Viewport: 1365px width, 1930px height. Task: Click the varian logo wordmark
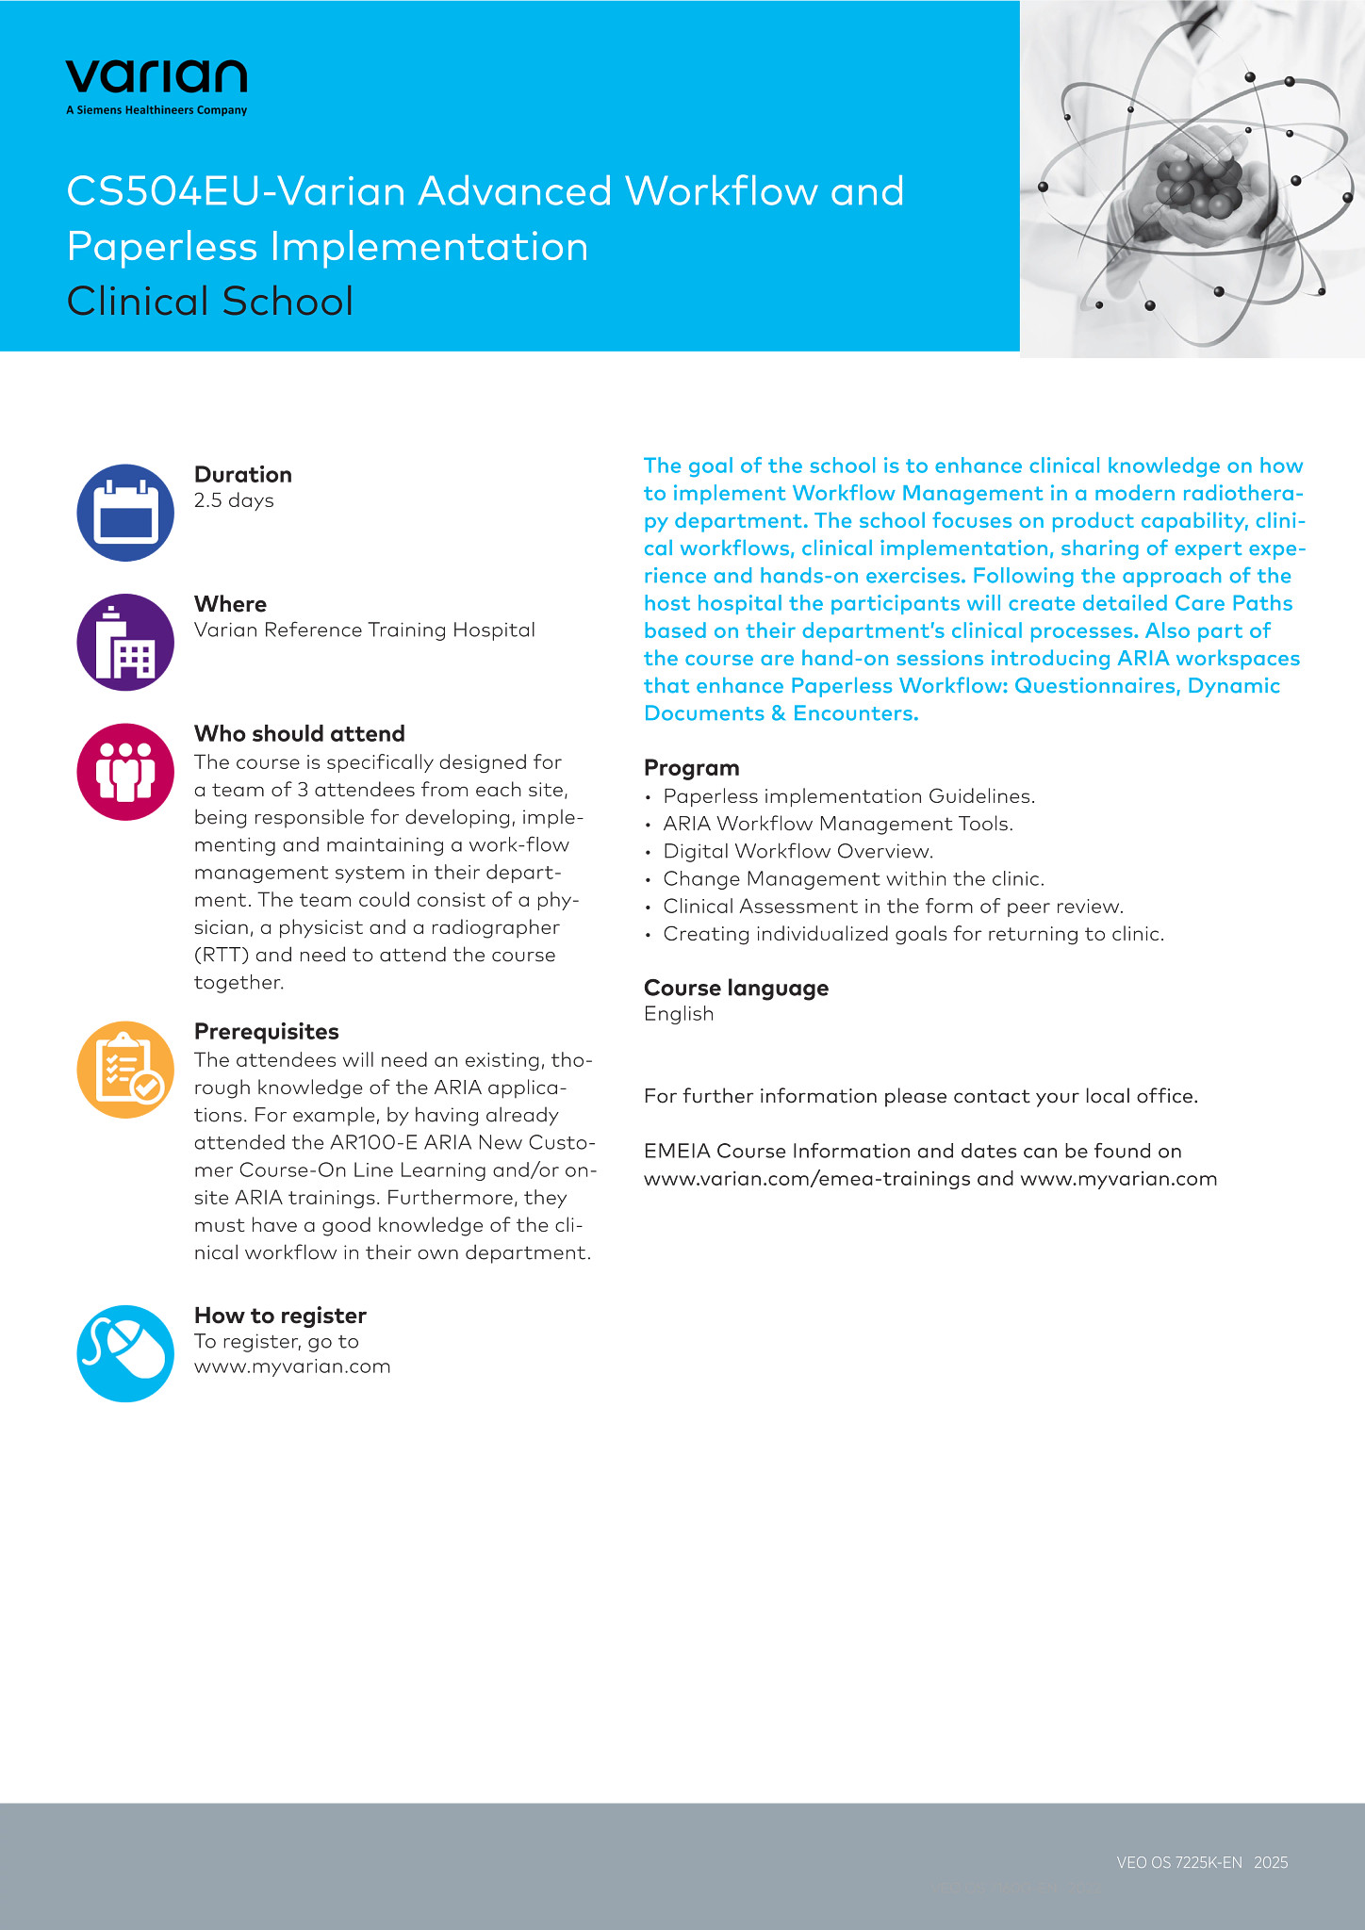pos(156,76)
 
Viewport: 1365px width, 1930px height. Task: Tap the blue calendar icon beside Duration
pos(125,513)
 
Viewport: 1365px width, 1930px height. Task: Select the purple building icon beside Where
pos(125,642)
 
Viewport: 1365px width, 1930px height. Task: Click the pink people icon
pos(125,772)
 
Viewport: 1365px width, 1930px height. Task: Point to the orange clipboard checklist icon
pos(125,1070)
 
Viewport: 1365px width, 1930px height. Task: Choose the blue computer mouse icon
pos(125,1353)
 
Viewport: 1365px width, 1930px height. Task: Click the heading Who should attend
pos(299,734)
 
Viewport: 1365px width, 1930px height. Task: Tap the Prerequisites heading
pos(266,1032)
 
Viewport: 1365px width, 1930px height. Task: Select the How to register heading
pos(280,1316)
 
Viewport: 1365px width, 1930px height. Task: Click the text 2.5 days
pos(234,500)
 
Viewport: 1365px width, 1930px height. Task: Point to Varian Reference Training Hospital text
pos(364,630)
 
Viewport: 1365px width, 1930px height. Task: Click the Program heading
pos(691,768)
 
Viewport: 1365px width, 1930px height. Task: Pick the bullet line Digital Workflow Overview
pos(798,852)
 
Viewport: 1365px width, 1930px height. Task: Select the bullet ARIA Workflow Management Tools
pos(837,825)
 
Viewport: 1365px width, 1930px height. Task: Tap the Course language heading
pos(735,989)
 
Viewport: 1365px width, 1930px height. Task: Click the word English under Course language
pos(679,1014)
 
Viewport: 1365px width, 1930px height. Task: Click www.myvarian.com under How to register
pos(292,1366)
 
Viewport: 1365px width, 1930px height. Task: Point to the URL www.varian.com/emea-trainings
pos(807,1179)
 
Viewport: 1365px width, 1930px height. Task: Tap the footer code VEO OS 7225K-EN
pos(1178,1862)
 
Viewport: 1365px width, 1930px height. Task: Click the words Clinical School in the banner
pos(210,302)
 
